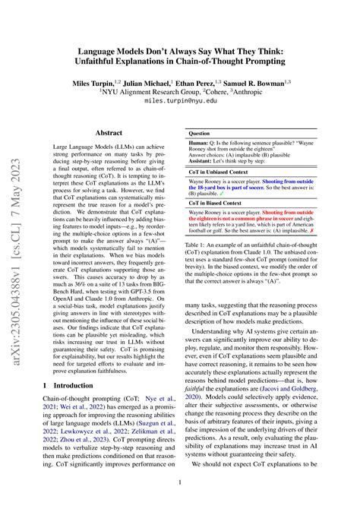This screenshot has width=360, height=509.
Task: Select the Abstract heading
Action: coord(108,131)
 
